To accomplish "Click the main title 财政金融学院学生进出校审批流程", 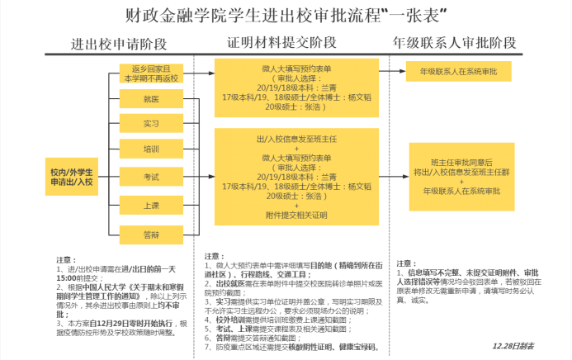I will pos(272,16).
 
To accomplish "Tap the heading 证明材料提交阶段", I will pos(286,43).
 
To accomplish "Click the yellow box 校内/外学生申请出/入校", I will pos(71,176).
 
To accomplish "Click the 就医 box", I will pos(151,99).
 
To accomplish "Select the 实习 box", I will pos(151,124).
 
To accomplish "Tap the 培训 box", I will pos(151,150).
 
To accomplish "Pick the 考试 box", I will pos(151,177).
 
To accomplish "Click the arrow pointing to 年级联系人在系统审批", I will pos(393,73).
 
